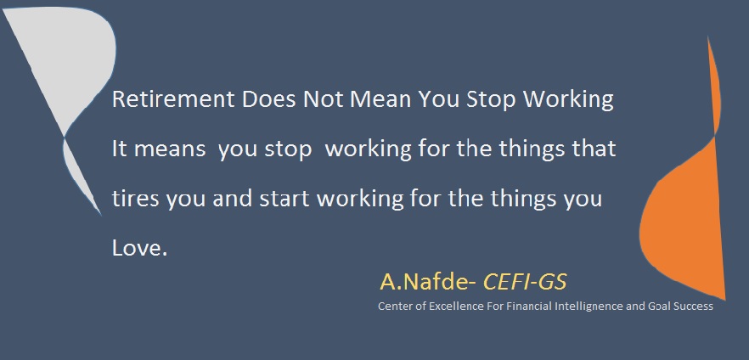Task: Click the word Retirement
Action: tap(173, 99)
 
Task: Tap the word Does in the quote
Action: tap(268, 99)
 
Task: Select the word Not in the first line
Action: tap(323, 99)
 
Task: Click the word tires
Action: tap(135, 199)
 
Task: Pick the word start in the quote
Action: tap(284, 199)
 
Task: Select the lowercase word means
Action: tap(170, 149)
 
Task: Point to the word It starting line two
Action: tap(120, 149)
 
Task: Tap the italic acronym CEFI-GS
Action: tap(525, 282)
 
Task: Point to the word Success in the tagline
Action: tap(693, 306)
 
